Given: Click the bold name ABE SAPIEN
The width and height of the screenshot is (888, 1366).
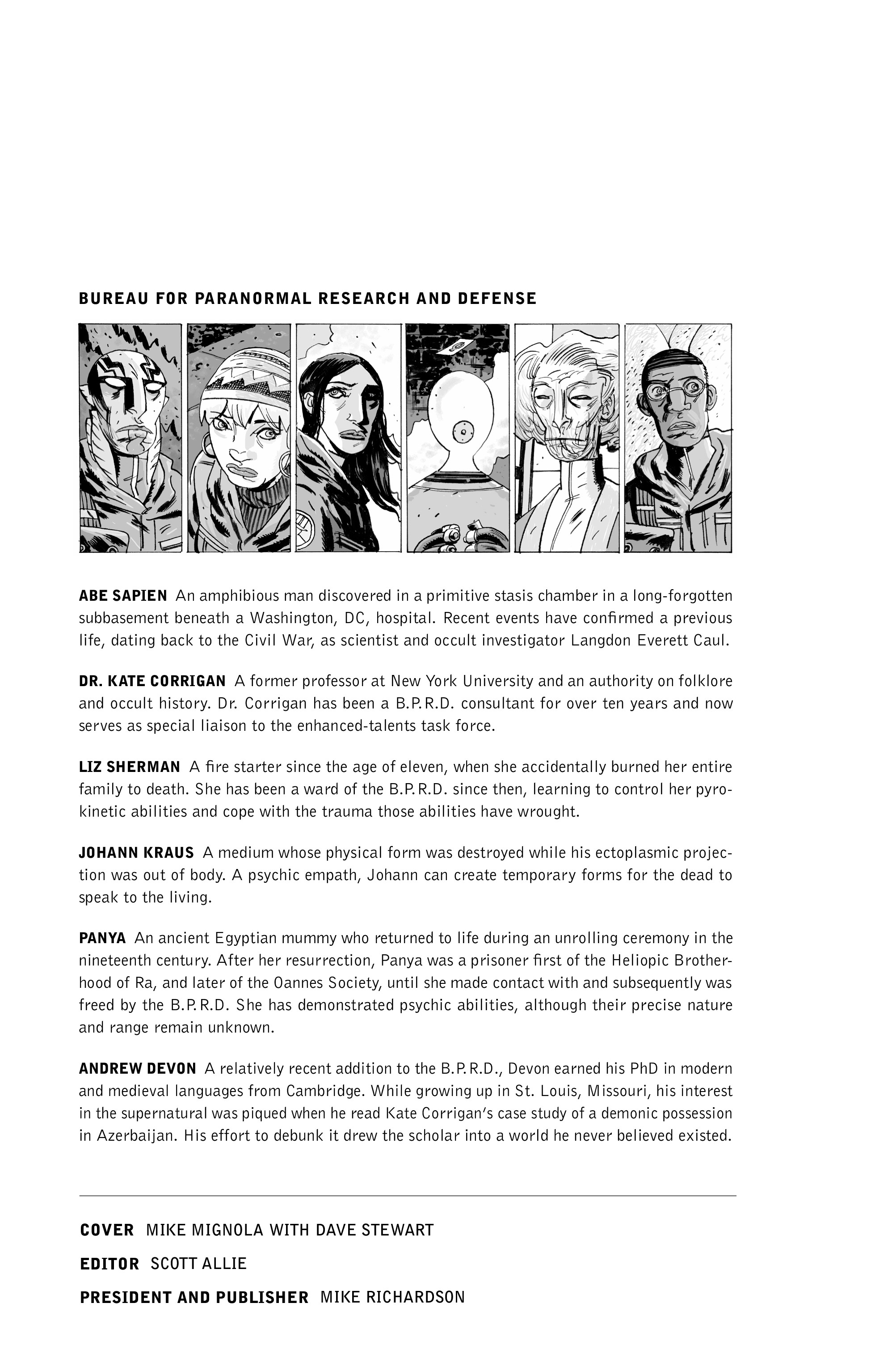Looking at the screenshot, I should click(x=122, y=596).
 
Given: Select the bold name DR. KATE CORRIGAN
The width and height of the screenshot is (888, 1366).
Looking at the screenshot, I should click(x=152, y=681).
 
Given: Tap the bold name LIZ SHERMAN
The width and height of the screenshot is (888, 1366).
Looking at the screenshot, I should click(x=129, y=767).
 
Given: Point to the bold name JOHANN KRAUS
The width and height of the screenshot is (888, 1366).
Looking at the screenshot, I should click(x=136, y=852).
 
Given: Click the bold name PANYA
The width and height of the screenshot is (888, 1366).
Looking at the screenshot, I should click(x=102, y=938).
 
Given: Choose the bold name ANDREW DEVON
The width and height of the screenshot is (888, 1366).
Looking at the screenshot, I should click(x=137, y=1069).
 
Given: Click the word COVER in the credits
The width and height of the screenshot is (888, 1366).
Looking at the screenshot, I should click(x=107, y=1230).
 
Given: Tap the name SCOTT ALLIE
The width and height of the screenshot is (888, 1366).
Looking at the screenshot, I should click(x=198, y=1264).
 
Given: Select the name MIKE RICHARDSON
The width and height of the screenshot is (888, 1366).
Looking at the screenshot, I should click(x=392, y=1297).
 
